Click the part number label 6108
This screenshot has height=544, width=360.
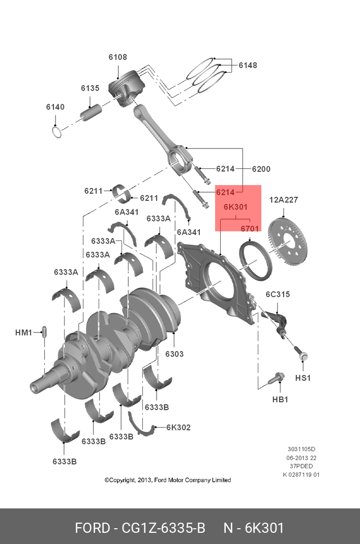click(x=117, y=57)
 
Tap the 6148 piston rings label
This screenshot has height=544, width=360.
click(x=248, y=65)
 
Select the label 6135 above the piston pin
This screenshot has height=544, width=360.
click(x=90, y=88)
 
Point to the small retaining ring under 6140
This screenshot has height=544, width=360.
click(x=58, y=132)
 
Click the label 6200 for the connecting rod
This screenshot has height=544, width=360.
click(x=261, y=169)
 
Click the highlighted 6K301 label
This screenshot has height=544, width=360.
click(x=235, y=207)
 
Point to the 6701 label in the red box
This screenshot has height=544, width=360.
click(x=250, y=229)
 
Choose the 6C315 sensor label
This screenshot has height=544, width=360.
click(x=278, y=294)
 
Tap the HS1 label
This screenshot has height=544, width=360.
click(x=303, y=378)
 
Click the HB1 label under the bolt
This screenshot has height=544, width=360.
click(x=280, y=399)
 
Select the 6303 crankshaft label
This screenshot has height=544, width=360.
click(x=174, y=354)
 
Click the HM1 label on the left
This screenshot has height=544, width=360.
click(x=23, y=333)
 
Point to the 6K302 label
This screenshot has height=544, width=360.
click(x=178, y=428)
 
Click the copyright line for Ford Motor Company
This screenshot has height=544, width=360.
click(x=168, y=480)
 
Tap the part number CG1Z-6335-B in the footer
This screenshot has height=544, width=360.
click(x=163, y=528)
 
